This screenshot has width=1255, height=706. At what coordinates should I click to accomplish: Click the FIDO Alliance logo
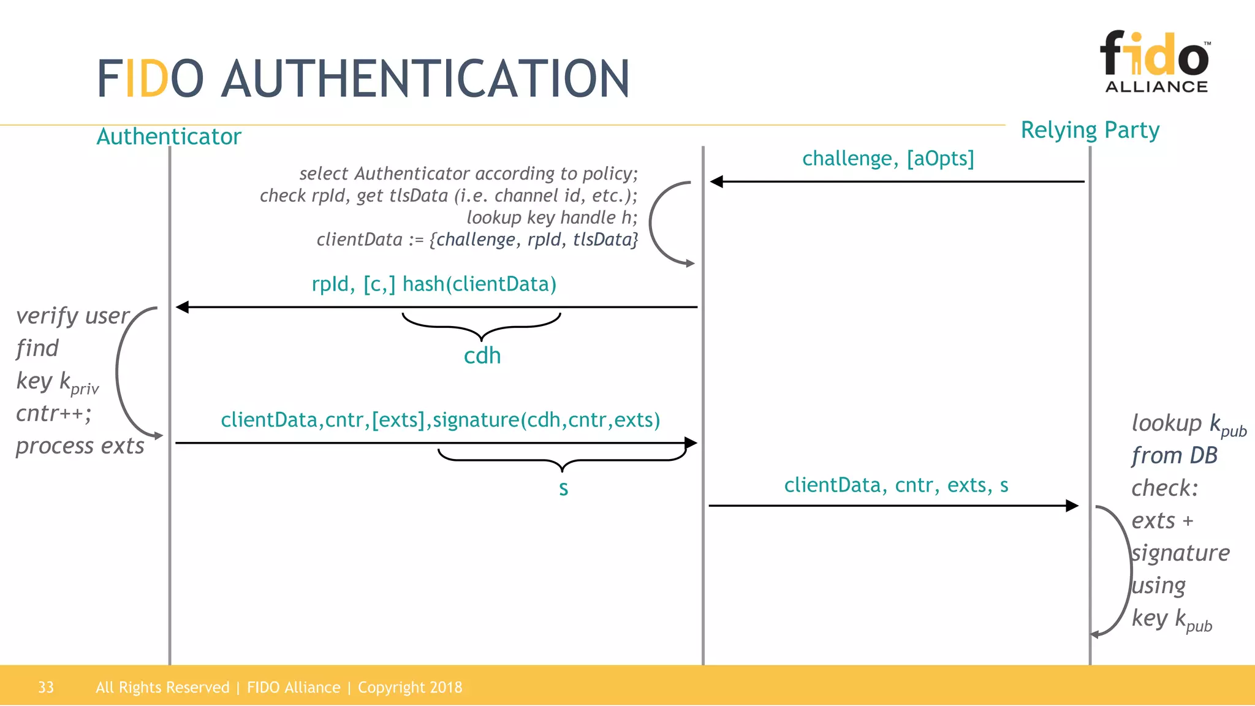[x=1156, y=61]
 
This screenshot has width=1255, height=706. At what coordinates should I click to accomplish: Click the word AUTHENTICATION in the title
[x=425, y=78]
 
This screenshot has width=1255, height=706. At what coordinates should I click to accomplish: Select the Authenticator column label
[x=169, y=136]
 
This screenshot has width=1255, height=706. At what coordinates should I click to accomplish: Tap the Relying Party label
[x=1090, y=130]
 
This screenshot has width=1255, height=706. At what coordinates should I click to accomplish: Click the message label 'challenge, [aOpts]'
[x=888, y=159]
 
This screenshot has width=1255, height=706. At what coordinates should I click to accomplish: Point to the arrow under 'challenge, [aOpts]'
[x=897, y=181]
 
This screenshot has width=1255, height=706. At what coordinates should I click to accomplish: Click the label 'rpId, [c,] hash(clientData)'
[x=434, y=284]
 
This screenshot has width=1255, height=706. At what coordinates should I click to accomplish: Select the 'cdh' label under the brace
[x=482, y=356]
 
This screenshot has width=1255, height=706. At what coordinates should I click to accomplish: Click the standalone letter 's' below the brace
[x=563, y=488]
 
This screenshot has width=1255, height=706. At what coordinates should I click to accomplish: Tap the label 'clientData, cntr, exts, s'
[x=896, y=485]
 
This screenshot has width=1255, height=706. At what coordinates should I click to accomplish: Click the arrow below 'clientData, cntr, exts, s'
[x=893, y=506]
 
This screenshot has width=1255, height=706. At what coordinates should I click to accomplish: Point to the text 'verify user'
[x=72, y=316]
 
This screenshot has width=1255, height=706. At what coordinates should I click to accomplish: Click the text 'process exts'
[x=80, y=446]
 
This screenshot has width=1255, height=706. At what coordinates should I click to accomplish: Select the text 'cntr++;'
[x=54, y=414]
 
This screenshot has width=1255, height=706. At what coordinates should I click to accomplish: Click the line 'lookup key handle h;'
[x=552, y=218]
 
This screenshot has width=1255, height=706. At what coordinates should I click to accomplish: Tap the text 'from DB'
[x=1174, y=455]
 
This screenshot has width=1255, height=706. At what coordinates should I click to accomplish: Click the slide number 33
[x=46, y=687]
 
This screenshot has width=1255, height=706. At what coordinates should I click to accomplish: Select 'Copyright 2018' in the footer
[x=409, y=687]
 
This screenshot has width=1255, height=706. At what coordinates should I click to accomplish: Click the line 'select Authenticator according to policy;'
[x=468, y=173]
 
